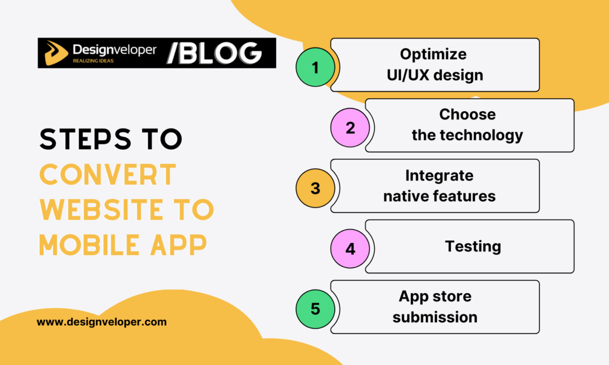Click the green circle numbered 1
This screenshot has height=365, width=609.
pos(315,67)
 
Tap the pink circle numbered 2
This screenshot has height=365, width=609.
pos(350,128)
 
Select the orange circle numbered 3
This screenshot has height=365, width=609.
pos(315,188)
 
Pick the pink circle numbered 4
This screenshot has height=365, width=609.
pos(350,249)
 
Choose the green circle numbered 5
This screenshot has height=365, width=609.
pos(315,309)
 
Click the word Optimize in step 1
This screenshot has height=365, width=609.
pos(433,55)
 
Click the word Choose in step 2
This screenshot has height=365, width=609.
pos(467,114)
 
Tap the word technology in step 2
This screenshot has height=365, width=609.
pos(481,135)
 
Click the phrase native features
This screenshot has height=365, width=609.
pos(439,196)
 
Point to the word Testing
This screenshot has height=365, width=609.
pos(473,246)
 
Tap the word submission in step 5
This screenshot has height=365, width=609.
pos(435,317)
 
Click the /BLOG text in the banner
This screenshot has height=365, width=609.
pos(214,53)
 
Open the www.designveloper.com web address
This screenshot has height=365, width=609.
pos(102,322)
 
